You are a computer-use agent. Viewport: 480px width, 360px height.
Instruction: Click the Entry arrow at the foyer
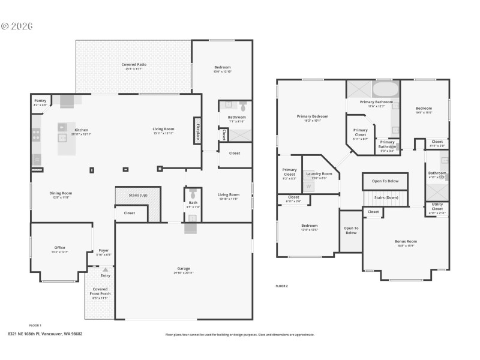[x=106, y=270]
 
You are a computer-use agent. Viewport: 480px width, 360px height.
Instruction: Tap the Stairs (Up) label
[x=138, y=195]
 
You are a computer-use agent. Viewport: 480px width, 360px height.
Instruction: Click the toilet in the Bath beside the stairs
[x=193, y=195]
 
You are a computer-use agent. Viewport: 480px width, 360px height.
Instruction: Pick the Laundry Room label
[x=319, y=175]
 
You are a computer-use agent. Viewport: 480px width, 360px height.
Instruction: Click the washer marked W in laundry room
[x=309, y=187]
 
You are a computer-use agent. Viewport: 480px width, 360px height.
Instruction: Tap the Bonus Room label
[x=406, y=242]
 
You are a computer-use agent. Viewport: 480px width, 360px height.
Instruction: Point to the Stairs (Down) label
[x=386, y=197]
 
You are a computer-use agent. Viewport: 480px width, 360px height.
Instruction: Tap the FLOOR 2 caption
[x=281, y=286]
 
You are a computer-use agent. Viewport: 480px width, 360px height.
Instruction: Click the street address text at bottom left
[x=45, y=334]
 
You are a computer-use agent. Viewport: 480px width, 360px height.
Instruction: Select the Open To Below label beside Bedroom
[x=351, y=230]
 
